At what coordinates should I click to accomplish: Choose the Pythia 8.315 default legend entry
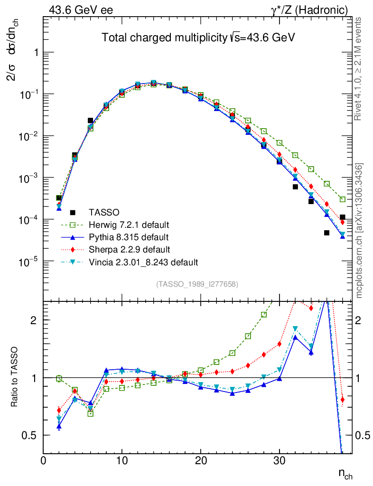pos(129,237)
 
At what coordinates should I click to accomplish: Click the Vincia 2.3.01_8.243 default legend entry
pos(143,262)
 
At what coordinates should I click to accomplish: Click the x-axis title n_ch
pos(345,473)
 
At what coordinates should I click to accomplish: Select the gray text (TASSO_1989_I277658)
pos(197,284)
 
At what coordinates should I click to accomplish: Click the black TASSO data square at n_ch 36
pos(326,233)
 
